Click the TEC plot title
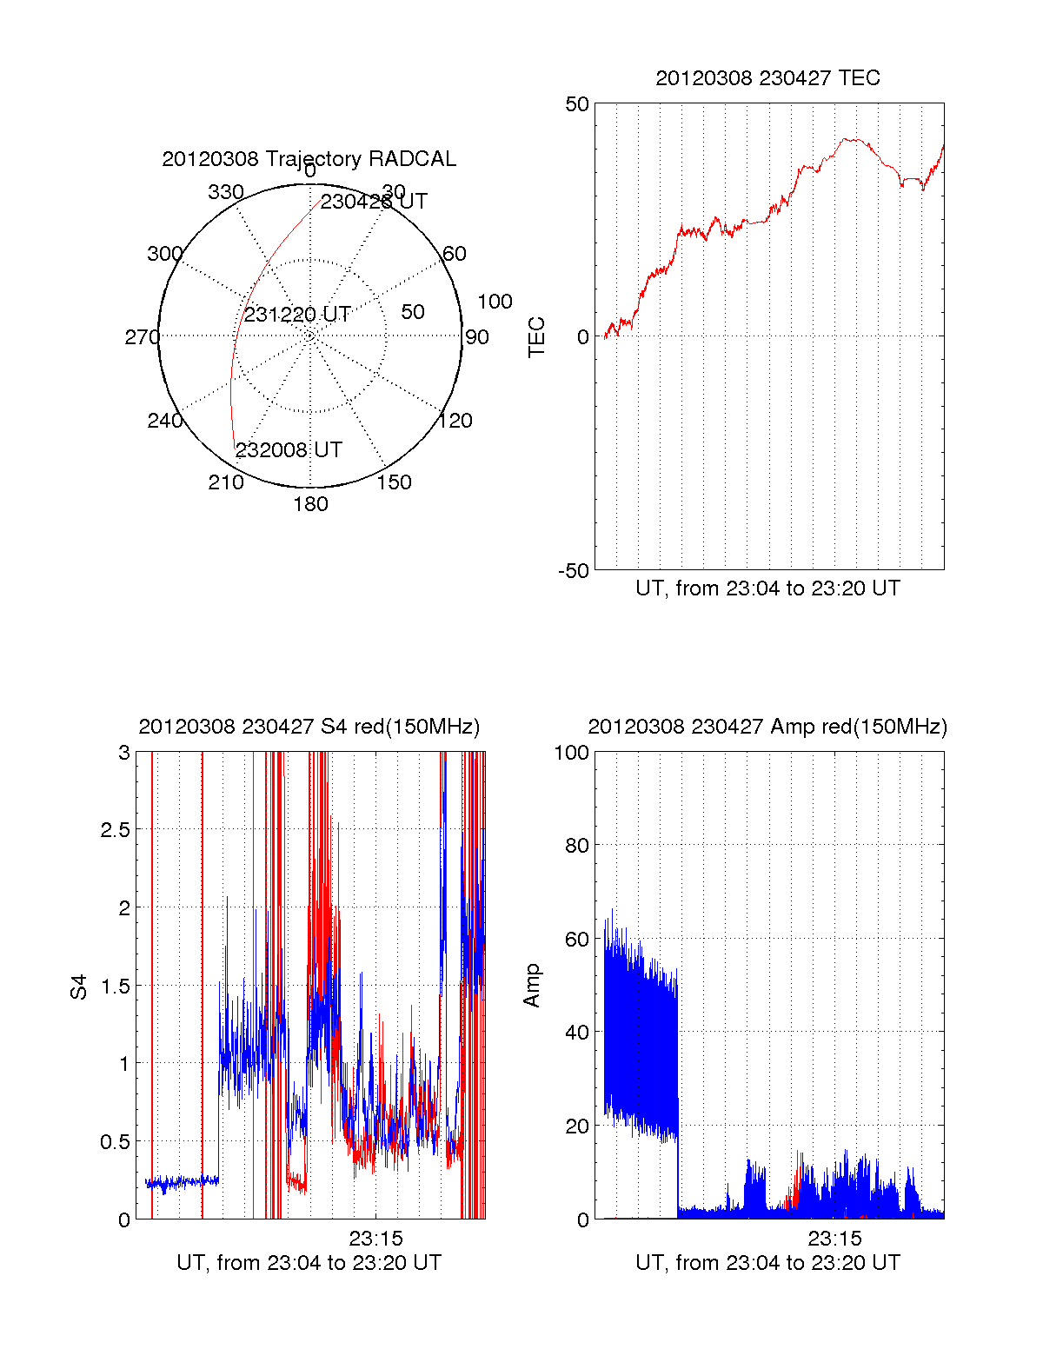pos(767,78)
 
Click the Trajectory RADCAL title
pos(309,159)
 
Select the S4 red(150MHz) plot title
pos(309,727)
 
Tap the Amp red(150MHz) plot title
pos(767,727)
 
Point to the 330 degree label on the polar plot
pos(226,192)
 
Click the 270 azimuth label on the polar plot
pos(142,337)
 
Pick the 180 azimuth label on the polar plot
pos(310,504)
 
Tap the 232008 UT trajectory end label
pos(289,450)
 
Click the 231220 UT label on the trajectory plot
pos(296,315)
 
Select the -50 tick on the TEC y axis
pos(574,571)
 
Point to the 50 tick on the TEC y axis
pos(577,104)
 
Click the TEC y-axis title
pos(537,337)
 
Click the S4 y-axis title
pos(79,987)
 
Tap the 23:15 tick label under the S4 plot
pos(375,1238)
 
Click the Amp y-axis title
pos(532,986)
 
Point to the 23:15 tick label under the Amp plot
pos(834,1238)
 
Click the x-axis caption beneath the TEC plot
pos(767,588)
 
